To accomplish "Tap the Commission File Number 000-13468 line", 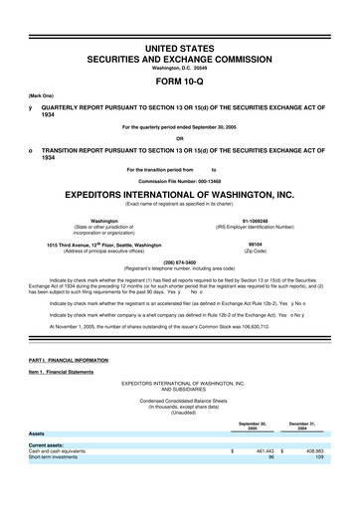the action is pos(180,180).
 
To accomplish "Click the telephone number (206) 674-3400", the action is pos(179,263).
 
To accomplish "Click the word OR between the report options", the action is pos(179,137).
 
